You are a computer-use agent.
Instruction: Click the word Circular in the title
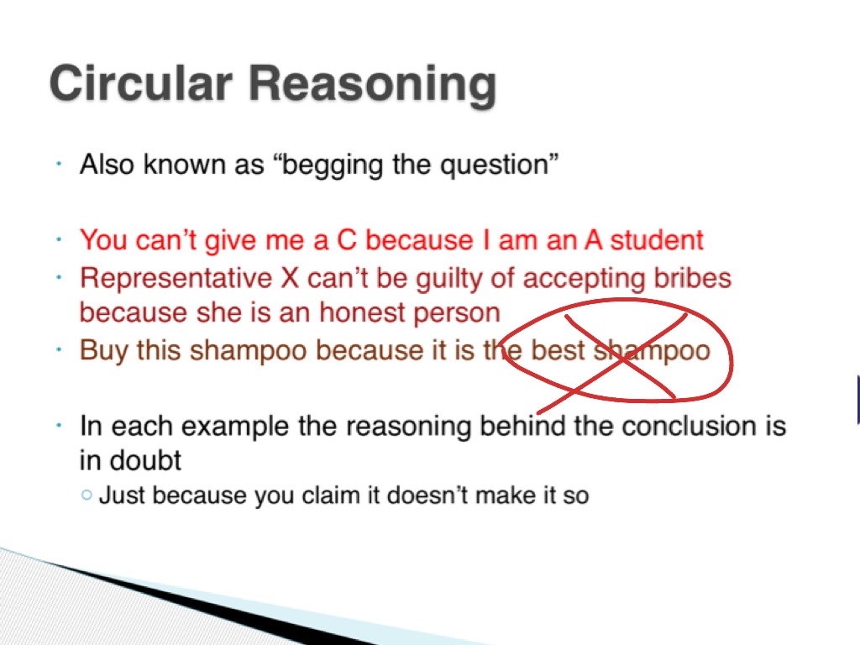pos(141,83)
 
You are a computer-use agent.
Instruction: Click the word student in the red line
pos(657,239)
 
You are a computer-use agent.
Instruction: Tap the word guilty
pos(449,279)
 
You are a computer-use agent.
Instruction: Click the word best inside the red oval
pos(558,350)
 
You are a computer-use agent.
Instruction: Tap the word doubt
pos(144,460)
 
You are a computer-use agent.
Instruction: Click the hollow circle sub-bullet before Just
pos(87,495)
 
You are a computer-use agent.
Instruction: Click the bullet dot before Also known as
pos(59,164)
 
